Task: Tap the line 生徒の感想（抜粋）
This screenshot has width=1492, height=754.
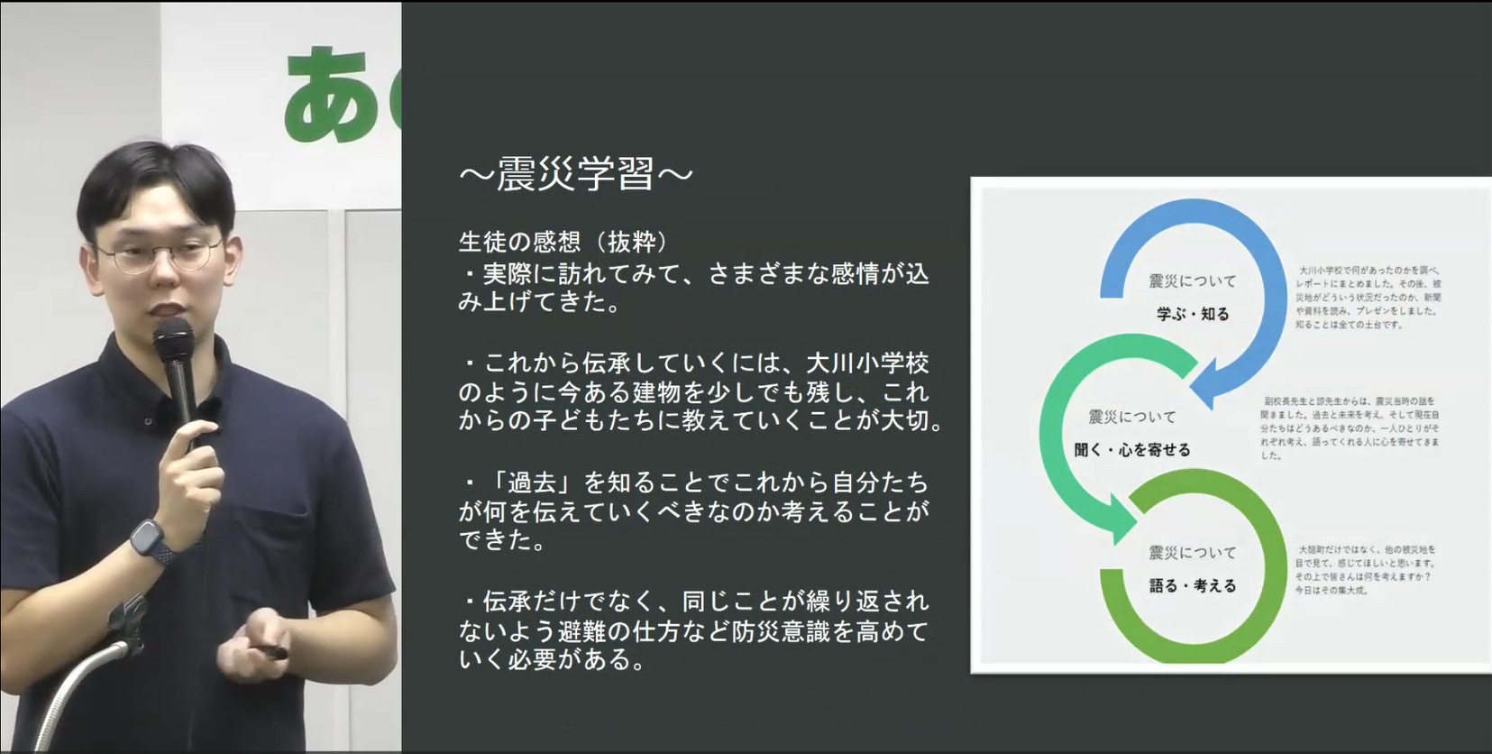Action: [x=564, y=242]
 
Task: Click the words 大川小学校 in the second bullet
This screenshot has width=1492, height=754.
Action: [x=866, y=363]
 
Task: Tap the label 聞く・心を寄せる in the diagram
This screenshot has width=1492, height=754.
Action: [x=1132, y=449]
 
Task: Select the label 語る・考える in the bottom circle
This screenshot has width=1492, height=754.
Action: [x=1192, y=585]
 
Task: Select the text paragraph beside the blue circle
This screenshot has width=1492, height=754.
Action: [x=1368, y=297]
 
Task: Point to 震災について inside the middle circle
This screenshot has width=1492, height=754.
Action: [x=1131, y=417]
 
